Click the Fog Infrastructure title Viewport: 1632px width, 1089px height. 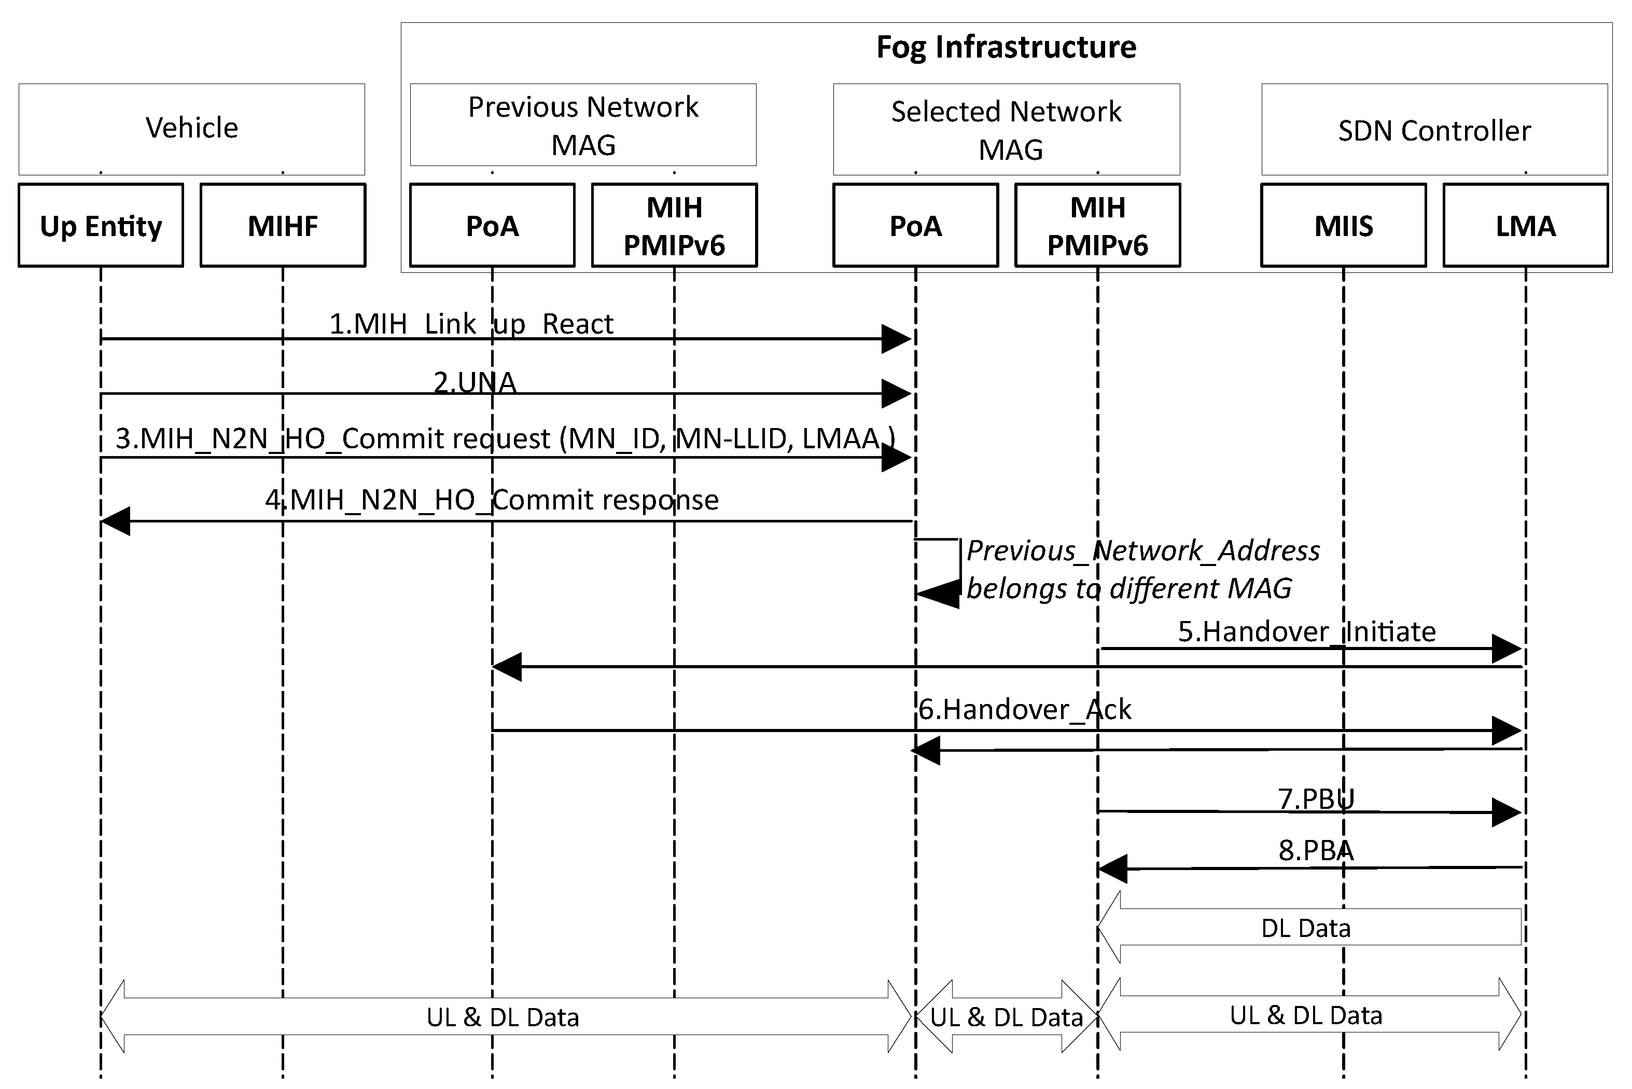[x=1006, y=47]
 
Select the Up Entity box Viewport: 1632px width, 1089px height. [x=101, y=226]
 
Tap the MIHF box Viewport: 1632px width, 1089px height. [x=283, y=226]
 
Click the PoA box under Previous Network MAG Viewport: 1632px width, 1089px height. [x=492, y=226]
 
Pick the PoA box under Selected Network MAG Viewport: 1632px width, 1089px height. [x=916, y=226]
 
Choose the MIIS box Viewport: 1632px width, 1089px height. [x=1343, y=226]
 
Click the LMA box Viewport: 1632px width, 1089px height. [x=1525, y=226]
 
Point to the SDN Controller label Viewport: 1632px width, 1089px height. [x=1434, y=131]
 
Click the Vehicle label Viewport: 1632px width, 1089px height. [x=191, y=128]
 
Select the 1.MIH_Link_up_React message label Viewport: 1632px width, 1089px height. [x=471, y=324]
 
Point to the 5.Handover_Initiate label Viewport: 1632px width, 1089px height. [x=1306, y=631]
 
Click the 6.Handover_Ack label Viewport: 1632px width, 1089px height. [x=1025, y=709]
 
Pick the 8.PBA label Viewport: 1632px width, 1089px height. [x=1316, y=850]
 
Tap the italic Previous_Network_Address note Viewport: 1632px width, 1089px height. [x=1142, y=569]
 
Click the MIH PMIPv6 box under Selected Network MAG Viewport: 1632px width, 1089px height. [x=1097, y=226]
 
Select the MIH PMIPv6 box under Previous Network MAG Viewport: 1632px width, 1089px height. [x=674, y=226]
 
